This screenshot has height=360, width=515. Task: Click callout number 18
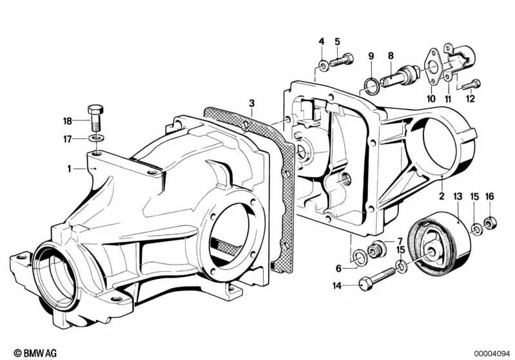[67, 121]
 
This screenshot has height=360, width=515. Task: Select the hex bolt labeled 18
[95, 118]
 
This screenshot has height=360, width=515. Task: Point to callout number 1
[70, 169]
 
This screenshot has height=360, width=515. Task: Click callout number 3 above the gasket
[251, 104]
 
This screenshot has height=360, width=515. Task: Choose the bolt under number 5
[341, 60]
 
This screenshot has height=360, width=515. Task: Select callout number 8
[390, 55]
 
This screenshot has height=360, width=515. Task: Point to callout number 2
[442, 196]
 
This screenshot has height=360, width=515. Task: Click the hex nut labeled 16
[491, 224]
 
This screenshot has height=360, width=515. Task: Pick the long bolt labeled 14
[378, 278]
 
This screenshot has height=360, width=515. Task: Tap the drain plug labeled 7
[376, 250]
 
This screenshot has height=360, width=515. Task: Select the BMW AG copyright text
[35, 353]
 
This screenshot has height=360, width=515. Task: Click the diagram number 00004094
[492, 354]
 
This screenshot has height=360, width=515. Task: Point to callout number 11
[448, 99]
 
